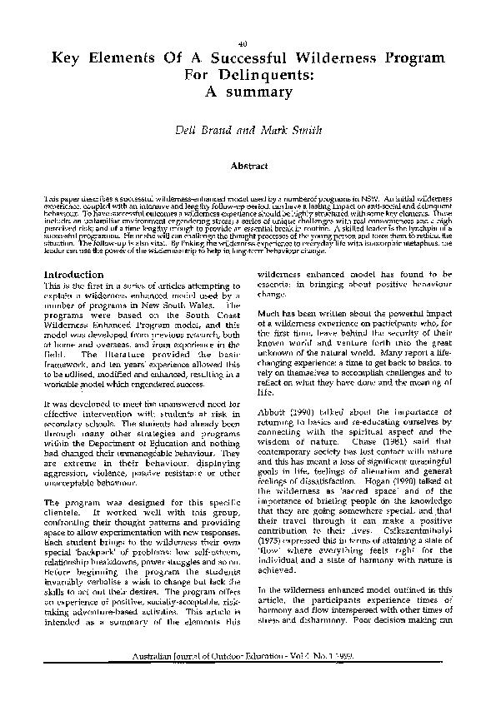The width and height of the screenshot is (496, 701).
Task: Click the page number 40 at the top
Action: pos(242,43)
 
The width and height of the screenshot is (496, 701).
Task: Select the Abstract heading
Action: pos(248,166)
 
